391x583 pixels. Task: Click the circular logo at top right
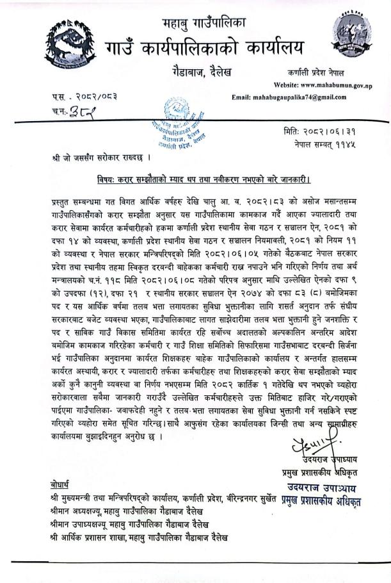click(x=351, y=35)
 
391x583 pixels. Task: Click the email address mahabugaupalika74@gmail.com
click(x=289, y=97)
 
